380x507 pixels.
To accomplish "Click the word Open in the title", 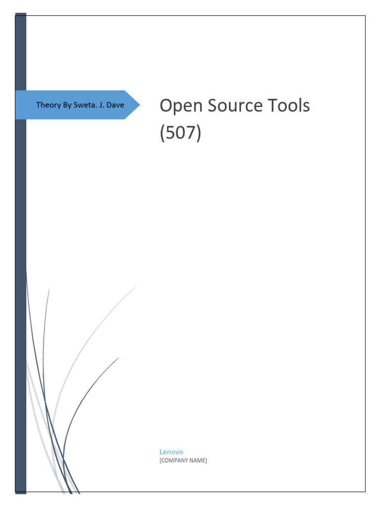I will point(179,106).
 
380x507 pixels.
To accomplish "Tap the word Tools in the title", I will point(289,105).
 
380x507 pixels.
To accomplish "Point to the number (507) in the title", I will point(181,134).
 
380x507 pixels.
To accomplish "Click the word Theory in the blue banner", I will point(47,105).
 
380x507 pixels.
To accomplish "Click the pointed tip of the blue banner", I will point(139,105).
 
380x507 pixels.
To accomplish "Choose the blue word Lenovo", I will point(171,452).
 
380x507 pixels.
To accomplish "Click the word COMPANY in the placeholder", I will point(176,460).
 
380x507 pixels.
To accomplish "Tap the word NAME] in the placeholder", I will point(199,460).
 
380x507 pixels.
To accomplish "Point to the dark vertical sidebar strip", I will point(20,248).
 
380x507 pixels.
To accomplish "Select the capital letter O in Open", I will point(166,105).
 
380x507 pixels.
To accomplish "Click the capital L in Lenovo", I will point(161,452).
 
